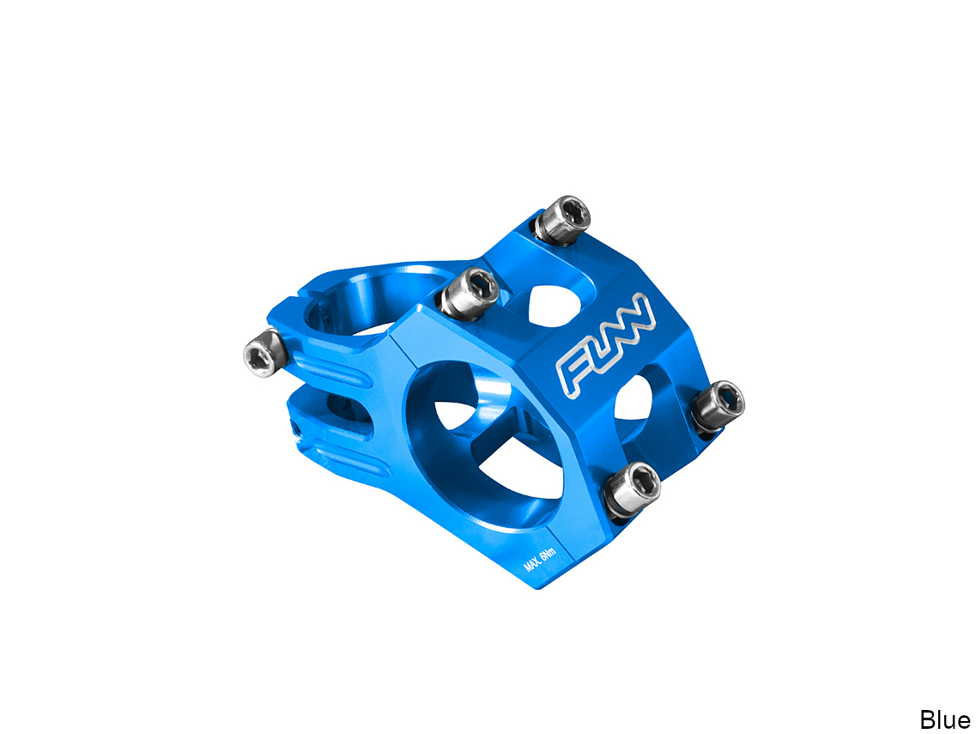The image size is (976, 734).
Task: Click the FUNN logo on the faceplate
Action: point(606,345)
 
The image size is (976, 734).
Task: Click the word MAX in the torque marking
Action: point(531,563)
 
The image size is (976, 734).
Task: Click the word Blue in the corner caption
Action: point(945,719)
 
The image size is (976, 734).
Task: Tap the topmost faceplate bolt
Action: point(563,220)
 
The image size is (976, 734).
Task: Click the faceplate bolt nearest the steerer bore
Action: point(470,294)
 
